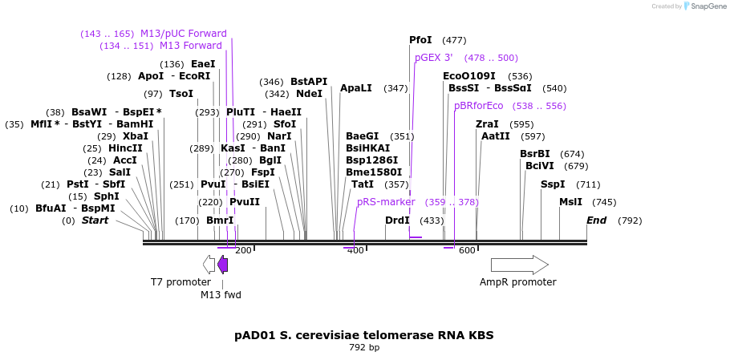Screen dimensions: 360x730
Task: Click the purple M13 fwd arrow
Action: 222,265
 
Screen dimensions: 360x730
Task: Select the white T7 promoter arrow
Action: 209,265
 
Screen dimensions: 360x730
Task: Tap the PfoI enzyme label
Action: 420,40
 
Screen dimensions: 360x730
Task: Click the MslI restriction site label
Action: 571,202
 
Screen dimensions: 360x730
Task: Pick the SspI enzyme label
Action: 553,184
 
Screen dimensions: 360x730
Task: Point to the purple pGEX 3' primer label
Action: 434,58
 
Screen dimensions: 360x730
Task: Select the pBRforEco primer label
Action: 479,106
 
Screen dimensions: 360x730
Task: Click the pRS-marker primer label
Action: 386,202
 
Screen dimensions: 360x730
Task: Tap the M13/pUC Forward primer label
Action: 184,34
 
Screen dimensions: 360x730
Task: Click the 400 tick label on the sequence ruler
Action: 355,250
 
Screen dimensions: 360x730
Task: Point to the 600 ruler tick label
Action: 467,250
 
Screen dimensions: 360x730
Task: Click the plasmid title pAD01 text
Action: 363,335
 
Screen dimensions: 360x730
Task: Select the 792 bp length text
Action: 364,348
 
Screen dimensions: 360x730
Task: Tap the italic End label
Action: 597,220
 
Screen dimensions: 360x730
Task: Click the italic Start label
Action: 95,220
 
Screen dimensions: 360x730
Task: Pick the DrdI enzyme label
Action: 397,220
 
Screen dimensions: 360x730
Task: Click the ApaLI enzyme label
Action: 356,88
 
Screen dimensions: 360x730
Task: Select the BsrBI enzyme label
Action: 535,154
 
